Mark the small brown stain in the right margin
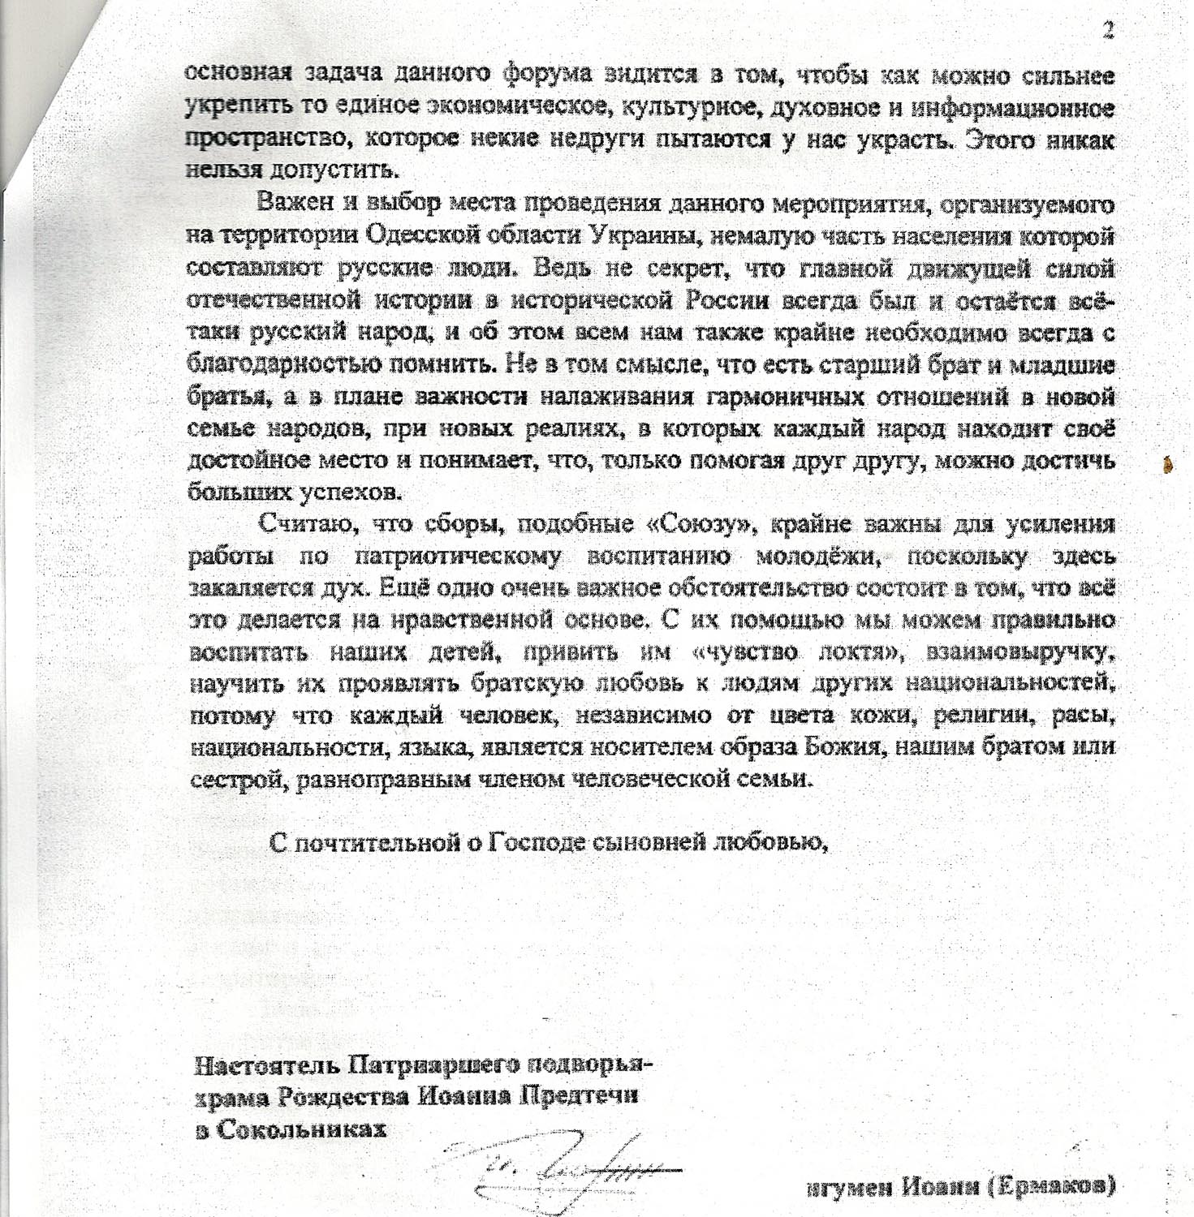tap(1167, 465)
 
